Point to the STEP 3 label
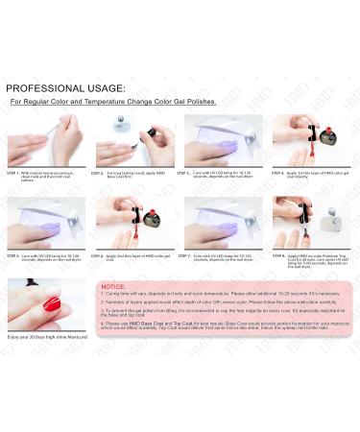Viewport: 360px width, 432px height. click(x=193, y=173)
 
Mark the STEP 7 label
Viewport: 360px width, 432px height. click(x=193, y=256)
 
